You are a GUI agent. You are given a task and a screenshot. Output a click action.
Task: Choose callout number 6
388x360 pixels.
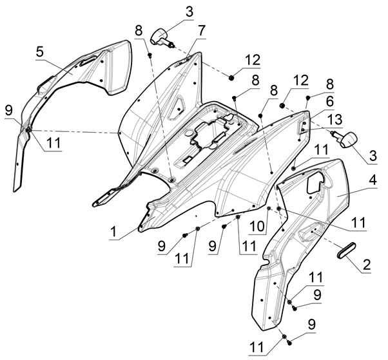(x=329, y=102)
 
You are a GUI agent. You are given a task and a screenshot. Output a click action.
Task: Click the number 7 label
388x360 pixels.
(x=202, y=30)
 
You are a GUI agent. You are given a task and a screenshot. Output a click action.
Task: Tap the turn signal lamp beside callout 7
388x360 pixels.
(x=161, y=36)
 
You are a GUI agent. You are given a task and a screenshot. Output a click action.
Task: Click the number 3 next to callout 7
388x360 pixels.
(x=171, y=11)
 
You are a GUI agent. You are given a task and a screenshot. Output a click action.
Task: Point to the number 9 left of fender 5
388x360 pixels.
(x=8, y=110)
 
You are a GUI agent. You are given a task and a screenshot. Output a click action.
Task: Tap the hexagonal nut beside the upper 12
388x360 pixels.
(x=230, y=78)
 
